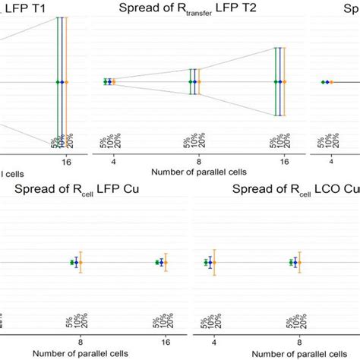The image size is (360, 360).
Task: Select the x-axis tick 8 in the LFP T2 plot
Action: (194, 161)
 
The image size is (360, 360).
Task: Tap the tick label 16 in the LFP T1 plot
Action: (62, 161)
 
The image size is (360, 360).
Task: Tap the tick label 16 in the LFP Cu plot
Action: (160, 341)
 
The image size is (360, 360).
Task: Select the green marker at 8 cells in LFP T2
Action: (190, 81)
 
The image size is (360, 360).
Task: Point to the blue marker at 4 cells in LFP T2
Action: (109, 81)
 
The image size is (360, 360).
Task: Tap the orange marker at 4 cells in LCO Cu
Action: (215, 263)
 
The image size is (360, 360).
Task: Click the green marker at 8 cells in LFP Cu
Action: (71, 262)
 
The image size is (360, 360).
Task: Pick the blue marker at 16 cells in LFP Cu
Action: (160, 262)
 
